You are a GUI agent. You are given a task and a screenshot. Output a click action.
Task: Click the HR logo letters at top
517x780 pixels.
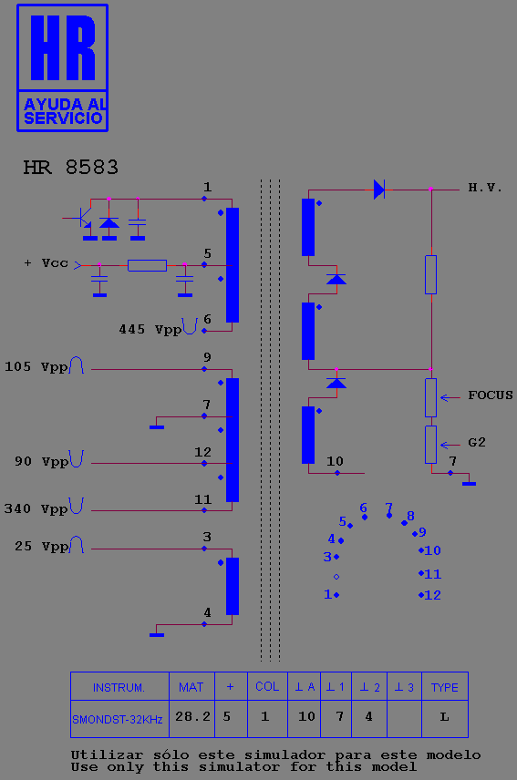point(63,47)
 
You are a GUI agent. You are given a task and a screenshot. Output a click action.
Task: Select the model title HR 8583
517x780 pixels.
point(70,168)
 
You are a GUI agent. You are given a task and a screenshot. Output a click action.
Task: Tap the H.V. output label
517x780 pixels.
point(485,188)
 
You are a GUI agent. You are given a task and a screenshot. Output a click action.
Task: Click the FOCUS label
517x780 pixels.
point(491,395)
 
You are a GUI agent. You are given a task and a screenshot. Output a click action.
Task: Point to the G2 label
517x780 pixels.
point(477,443)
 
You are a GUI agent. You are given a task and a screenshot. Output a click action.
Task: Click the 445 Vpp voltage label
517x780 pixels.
point(150,329)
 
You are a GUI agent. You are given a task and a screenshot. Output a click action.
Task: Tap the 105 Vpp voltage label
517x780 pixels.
point(36,367)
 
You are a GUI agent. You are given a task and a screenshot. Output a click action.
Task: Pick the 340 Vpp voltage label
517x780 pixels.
point(36,508)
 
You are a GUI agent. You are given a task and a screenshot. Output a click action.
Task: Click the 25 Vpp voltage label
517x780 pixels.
point(41,546)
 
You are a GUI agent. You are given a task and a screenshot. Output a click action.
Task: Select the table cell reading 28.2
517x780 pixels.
point(192,717)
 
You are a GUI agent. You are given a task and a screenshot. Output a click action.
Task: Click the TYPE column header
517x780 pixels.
point(444,687)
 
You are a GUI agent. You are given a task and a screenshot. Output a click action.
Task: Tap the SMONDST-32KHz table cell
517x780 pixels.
point(118,719)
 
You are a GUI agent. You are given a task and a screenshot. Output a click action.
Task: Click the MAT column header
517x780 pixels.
point(191,687)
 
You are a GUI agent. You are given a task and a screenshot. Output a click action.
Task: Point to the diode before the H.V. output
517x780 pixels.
point(379,190)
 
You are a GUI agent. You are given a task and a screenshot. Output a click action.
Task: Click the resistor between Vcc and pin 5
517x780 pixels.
point(147,266)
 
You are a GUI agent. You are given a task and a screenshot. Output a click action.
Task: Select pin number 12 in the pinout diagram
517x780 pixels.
point(432,595)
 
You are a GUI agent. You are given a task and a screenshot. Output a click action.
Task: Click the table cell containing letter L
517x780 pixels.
point(445,717)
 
